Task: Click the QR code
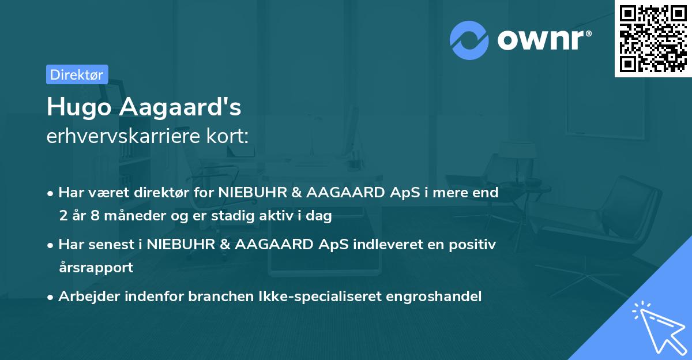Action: (x=653, y=39)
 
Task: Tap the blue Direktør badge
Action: (x=77, y=74)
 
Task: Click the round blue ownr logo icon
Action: (x=470, y=39)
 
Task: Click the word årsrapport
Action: (x=96, y=268)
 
